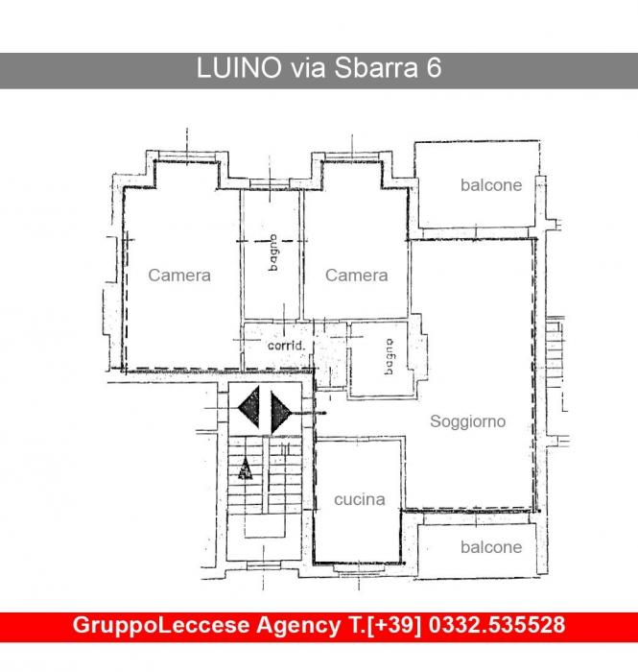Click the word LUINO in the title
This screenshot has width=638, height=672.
(x=239, y=67)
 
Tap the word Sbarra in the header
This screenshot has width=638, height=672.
(x=376, y=67)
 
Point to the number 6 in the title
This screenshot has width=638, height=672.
(x=434, y=67)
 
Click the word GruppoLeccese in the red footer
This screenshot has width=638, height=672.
(x=161, y=625)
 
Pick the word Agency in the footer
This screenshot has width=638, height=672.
(x=298, y=626)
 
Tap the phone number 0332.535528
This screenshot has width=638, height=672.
(x=497, y=624)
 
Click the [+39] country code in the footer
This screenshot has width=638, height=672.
(x=394, y=625)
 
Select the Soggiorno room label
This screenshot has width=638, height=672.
(x=467, y=421)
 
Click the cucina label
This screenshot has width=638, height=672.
(x=359, y=499)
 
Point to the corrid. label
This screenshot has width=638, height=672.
(x=287, y=345)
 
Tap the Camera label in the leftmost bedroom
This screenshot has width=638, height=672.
(x=179, y=276)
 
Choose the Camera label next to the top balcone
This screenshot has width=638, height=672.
(x=357, y=276)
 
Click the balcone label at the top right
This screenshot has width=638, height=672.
(x=491, y=185)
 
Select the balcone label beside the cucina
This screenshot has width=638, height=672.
(x=491, y=547)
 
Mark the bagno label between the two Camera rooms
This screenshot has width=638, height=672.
(x=272, y=252)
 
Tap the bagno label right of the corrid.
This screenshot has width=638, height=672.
(x=389, y=356)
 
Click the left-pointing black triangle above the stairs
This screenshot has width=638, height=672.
(x=249, y=407)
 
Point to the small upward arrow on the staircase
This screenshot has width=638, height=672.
(x=246, y=468)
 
